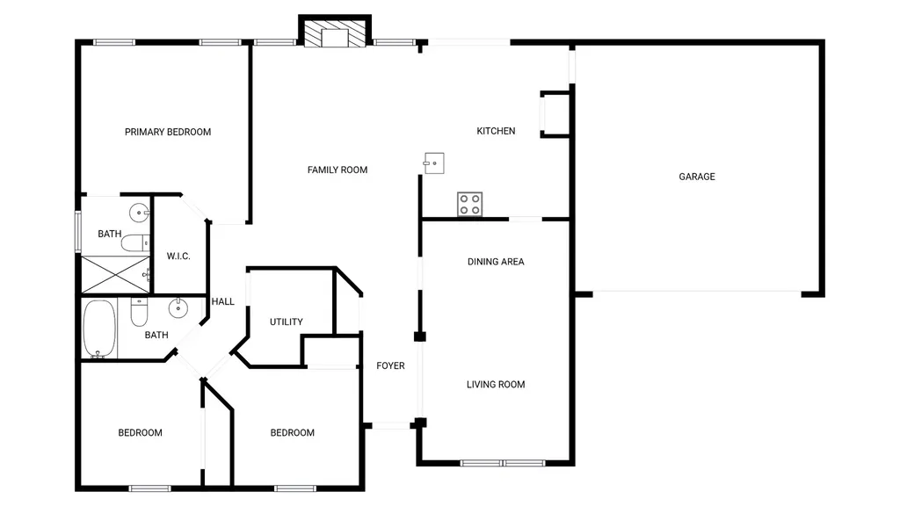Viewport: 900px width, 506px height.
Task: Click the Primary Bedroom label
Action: pos(168,132)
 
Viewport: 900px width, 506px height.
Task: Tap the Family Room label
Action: pos(337,170)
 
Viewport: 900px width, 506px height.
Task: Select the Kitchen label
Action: pos(496,131)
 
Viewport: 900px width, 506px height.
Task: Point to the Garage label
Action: pos(697,177)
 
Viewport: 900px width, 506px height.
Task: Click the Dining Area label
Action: pos(496,262)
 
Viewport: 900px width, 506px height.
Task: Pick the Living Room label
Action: pos(496,385)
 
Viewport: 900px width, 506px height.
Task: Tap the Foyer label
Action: pos(390,365)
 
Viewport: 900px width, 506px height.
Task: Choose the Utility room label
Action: pos(287,322)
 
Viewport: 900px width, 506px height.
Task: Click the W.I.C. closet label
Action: pos(178,256)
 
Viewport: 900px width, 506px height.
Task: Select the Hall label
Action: pos(222,301)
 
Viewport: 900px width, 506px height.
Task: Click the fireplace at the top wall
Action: pos(335,33)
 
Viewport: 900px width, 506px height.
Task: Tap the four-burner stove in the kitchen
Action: pos(469,204)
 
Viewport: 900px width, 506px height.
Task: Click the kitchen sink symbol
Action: pos(434,163)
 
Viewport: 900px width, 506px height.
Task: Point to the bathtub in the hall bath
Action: pos(99,329)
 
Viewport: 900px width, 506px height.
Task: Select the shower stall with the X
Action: pos(115,275)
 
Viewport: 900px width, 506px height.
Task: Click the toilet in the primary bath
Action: pos(135,243)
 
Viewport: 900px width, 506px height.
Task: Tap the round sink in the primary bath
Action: pos(139,213)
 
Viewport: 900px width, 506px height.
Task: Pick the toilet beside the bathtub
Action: pos(139,312)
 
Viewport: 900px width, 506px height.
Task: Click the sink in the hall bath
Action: pos(178,308)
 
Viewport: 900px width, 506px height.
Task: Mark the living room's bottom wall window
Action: pos(503,463)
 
